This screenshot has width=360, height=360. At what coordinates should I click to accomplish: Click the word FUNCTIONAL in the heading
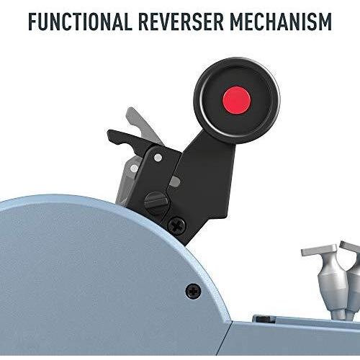[80, 22]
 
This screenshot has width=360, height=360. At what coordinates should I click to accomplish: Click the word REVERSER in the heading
[181, 22]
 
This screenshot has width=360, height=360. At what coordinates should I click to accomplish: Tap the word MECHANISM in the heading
[281, 22]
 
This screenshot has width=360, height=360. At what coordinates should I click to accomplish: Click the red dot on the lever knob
[237, 100]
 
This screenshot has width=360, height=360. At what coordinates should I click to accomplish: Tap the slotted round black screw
[156, 202]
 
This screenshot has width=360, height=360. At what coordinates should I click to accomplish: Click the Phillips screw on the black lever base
[177, 225]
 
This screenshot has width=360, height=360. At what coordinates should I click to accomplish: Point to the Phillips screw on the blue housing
[194, 292]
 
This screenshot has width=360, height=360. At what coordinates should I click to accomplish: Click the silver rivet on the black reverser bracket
[158, 158]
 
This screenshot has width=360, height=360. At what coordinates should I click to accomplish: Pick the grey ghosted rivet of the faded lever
[134, 168]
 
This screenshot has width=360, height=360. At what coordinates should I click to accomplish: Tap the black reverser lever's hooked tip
[113, 138]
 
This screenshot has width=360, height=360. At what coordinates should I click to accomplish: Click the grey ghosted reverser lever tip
[132, 114]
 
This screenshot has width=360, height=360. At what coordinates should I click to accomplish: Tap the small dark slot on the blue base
[264, 319]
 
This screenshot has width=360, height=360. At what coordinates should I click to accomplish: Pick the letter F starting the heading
[33, 22]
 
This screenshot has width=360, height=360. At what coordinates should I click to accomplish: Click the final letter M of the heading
[324, 22]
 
